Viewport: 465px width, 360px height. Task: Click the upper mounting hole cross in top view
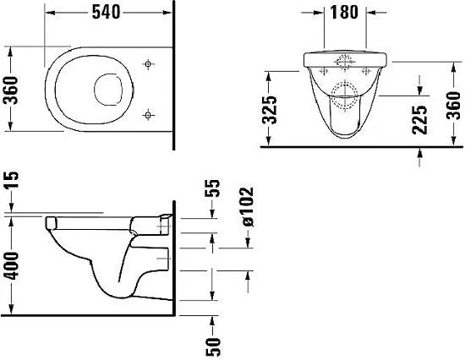pos(148,63)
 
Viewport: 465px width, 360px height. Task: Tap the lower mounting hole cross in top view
pos(148,112)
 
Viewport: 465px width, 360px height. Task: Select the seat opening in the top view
pos(110,87)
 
